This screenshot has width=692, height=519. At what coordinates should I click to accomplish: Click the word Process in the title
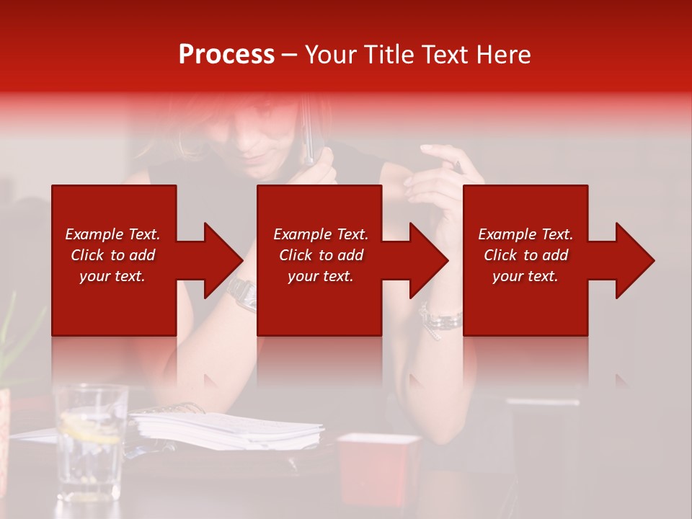pyautogui.click(x=226, y=54)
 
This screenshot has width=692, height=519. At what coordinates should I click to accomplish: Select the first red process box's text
pyautogui.click(x=112, y=255)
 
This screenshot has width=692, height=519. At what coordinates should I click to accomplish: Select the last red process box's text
pyautogui.click(x=525, y=255)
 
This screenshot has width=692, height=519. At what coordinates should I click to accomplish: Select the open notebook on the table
pyautogui.click(x=227, y=430)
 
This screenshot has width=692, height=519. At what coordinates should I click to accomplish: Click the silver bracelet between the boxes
pyautogui.click(x=440, y=319)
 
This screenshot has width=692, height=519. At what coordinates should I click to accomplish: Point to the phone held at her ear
pyautogui.click(x=308, y=133)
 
